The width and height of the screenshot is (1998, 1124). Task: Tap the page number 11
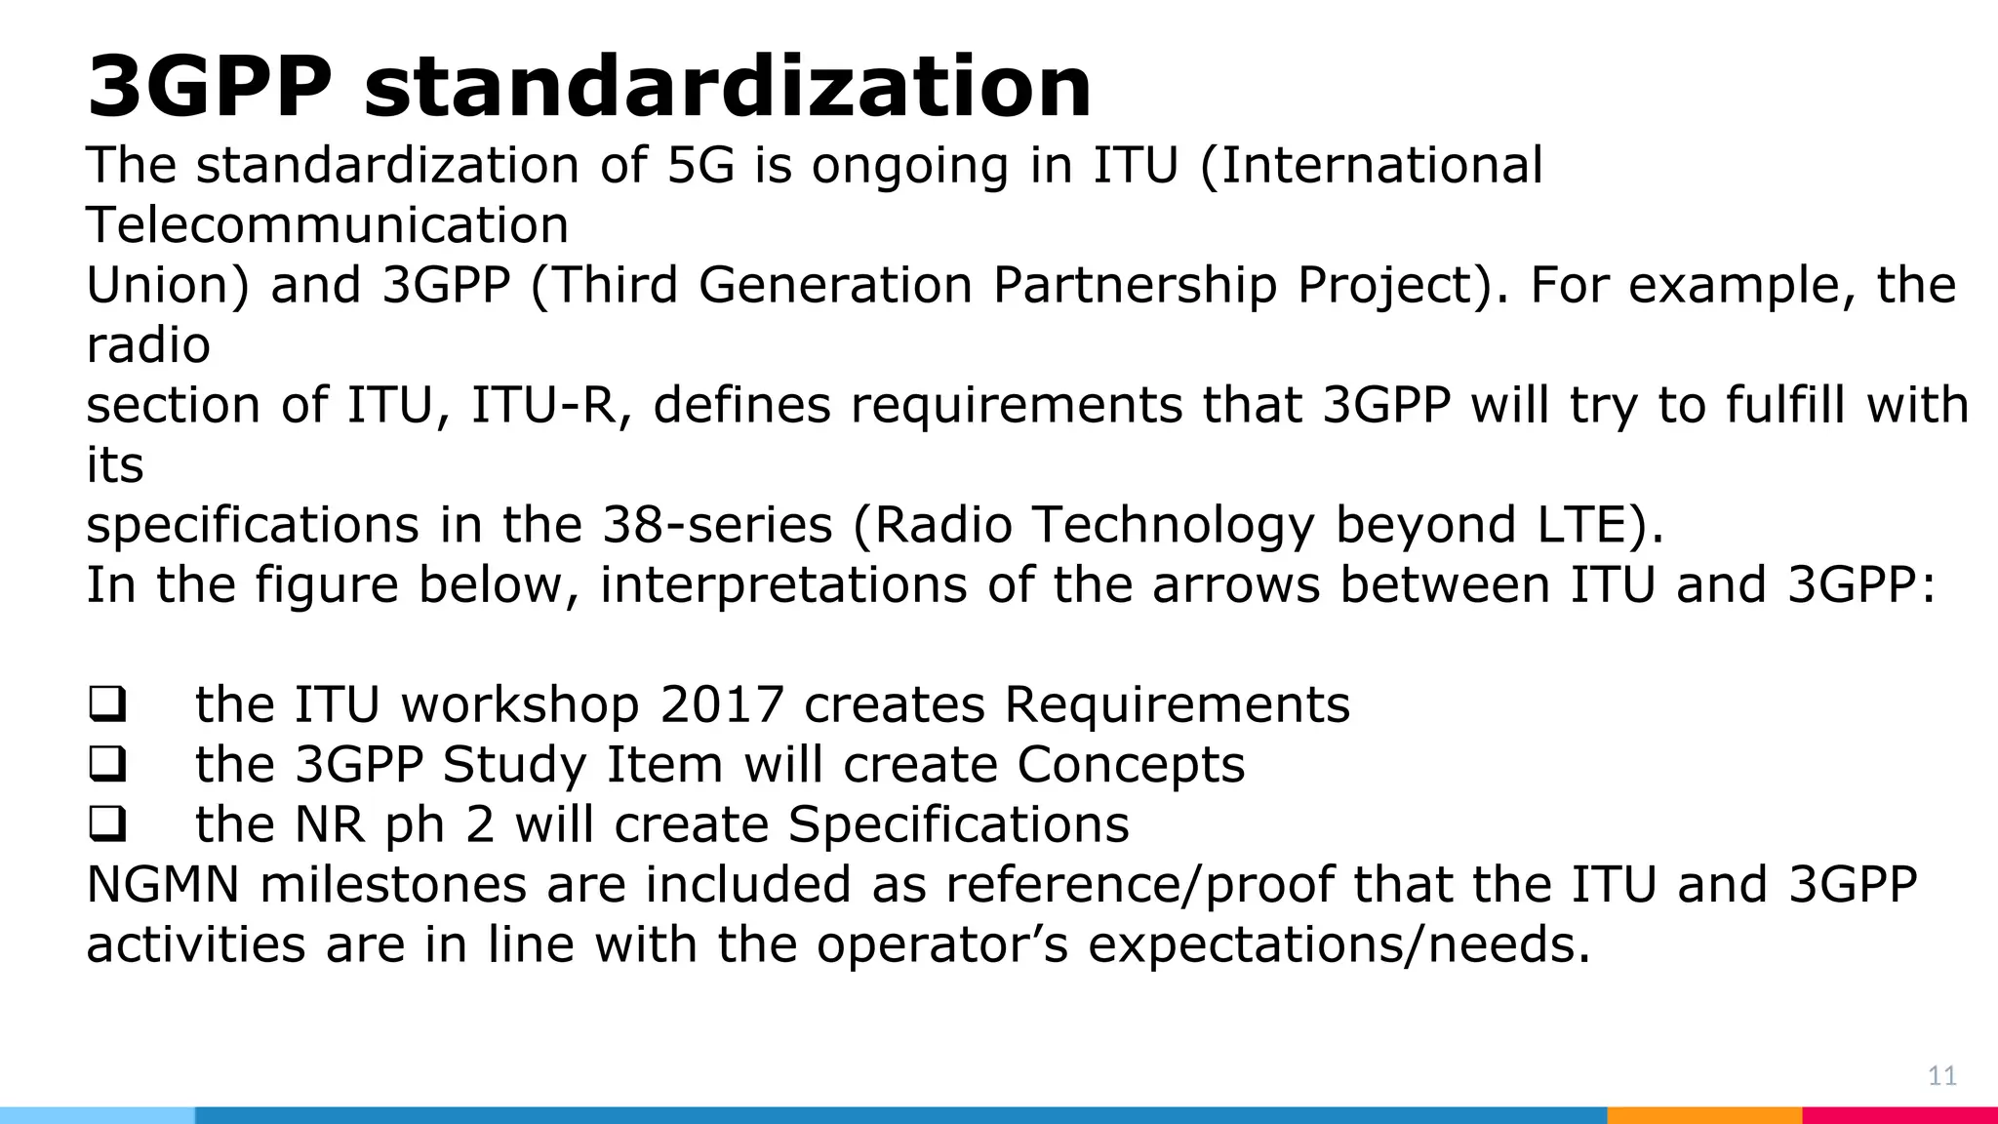1941,1076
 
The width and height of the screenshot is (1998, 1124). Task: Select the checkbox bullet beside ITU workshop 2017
106,705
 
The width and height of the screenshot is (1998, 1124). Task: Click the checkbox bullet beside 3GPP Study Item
106,765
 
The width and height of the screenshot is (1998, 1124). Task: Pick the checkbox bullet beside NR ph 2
106,825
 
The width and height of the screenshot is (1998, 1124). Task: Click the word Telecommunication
327,225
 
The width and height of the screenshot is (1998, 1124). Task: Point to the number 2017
722,704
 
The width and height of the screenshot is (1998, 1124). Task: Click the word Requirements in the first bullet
1177,704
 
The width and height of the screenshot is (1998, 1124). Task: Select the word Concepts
1131,764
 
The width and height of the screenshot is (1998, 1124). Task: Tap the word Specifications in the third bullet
958,824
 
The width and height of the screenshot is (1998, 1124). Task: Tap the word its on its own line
115,465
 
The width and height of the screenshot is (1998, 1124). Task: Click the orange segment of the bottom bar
1703,1114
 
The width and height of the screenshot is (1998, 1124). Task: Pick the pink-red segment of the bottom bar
1898,1114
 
